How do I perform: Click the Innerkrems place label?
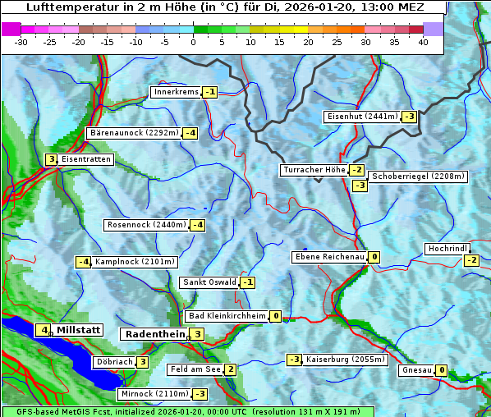[x=175, y=92]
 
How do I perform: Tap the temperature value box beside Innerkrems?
[x=210, y=92]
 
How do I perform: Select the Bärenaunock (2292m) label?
[x=133, y=132]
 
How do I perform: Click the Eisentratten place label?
[x=86, y=159]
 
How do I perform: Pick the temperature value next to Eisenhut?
[x=409, y=117]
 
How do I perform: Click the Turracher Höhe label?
[x=314, y=170]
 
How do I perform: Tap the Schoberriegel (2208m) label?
[x=418, y=176]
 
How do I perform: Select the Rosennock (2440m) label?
[x=146, y=225]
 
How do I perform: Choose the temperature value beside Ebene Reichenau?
[x=374, y=257]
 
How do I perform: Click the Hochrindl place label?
[x=447, y=249]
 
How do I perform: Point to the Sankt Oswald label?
[x=209, y=282]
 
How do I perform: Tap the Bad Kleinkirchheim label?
[x=227, y=316]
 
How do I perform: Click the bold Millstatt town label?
[x=79, y=330]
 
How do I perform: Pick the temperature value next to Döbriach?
[x=142, y=362]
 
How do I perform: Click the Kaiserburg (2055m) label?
[x=345, y=360]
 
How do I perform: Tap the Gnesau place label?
[x=416, y=370]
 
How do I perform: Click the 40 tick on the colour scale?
[x=423, y=42]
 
